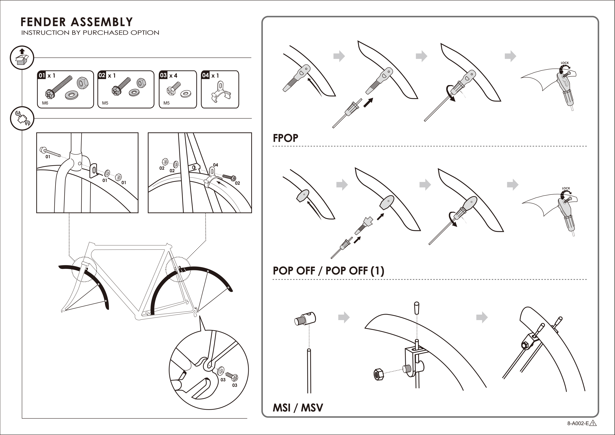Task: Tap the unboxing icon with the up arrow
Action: [22, 57]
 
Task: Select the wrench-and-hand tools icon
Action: [22, 118]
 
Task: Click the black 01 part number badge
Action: [42, 75]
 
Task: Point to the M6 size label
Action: [45, 103]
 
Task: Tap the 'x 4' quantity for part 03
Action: [173, 76]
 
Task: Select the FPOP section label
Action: [285, 138]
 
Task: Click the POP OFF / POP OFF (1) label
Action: [328, 271]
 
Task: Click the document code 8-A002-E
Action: [578, 423]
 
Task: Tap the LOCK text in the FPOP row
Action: [565, 63]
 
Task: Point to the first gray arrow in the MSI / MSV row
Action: [344, 317]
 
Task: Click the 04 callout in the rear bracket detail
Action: [215, 165]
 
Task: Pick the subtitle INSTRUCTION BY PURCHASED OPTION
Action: [90, 33]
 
